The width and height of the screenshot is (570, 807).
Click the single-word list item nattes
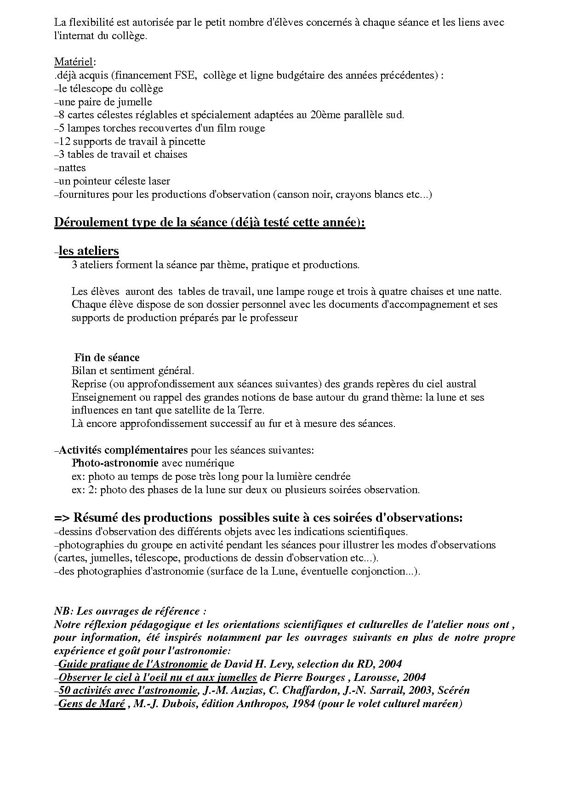click(x=72, y=168)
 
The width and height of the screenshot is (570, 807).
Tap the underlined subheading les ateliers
click(x=89, y=251)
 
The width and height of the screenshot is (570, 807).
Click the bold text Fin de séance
click(x=107, y=357)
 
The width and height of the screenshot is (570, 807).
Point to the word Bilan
click(x=84, y=371)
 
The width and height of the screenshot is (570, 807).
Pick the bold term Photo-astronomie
click(x=115, y=463)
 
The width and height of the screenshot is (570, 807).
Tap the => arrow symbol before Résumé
click(x=62, y=518)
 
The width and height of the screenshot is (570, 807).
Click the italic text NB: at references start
click(x=63, y=611)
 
